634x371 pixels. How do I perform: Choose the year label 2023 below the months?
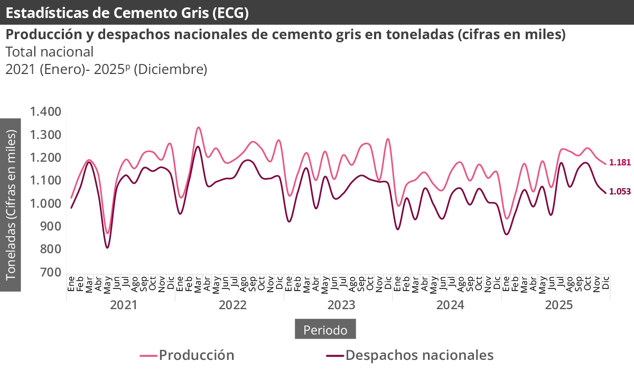(341, 305)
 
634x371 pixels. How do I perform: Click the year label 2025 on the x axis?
(559, 305)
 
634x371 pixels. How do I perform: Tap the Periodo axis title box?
(325, 330)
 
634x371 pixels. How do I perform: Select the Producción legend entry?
(188, 355)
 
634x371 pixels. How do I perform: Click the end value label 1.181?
(620, 163)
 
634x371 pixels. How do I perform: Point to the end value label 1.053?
(620, 192)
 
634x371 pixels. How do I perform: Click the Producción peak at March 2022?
(198, 127)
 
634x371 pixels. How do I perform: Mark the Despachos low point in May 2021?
(107, 247)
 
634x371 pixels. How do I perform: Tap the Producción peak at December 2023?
(388, 139)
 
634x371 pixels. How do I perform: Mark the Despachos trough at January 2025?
(506, 234)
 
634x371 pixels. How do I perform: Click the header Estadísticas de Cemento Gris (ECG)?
(127, 13)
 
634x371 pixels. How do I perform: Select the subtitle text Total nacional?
(50, 52)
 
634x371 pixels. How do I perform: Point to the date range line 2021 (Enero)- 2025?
(106, 69)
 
